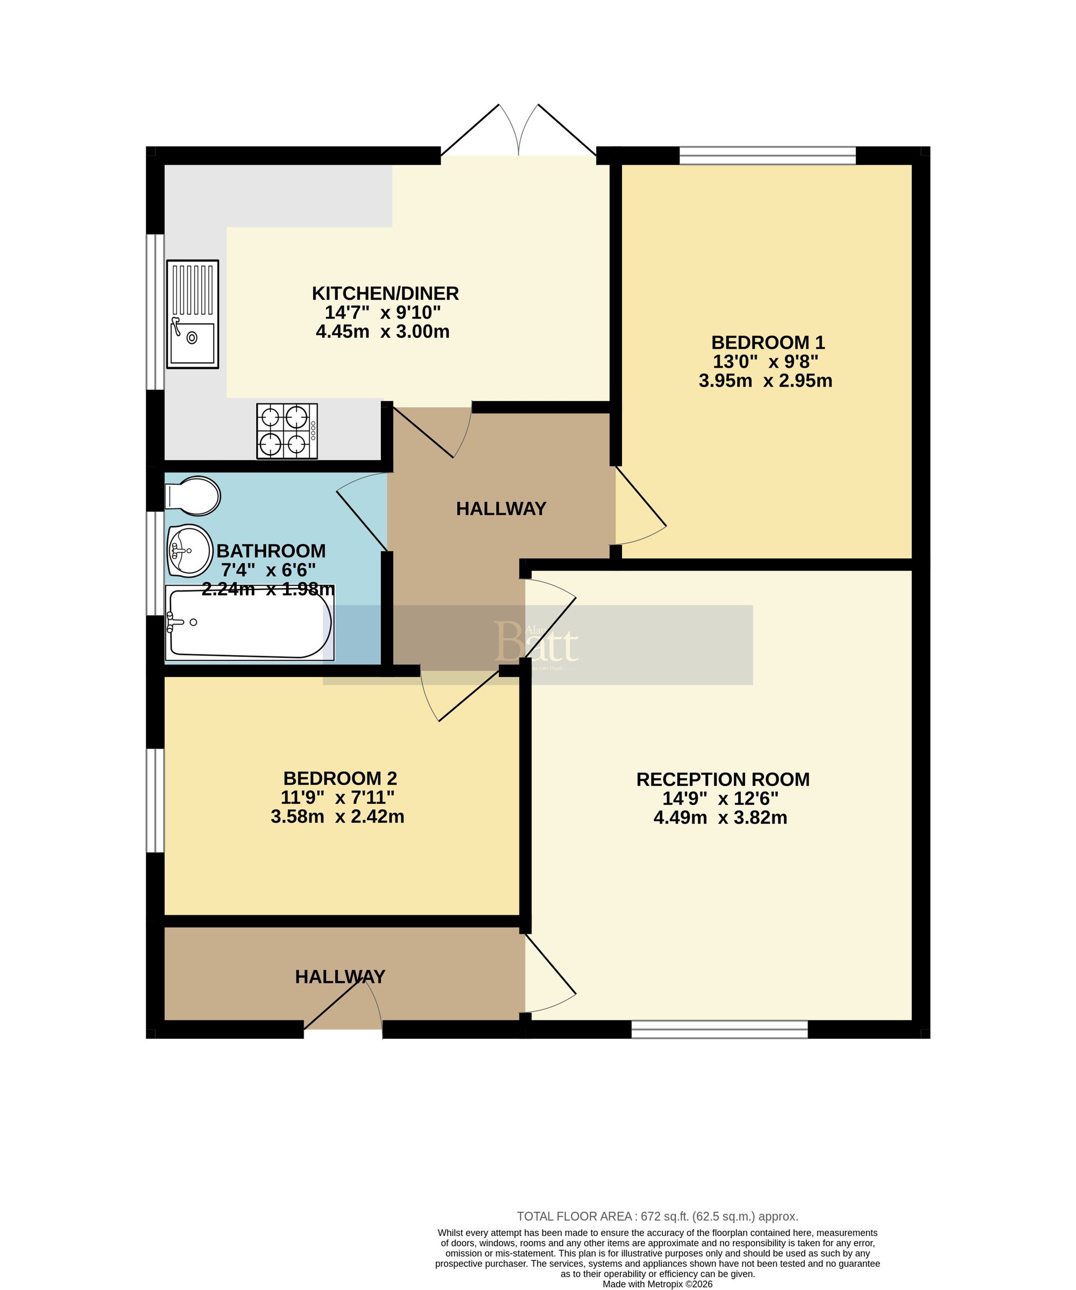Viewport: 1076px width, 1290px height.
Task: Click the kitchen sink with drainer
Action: tap(192, 314)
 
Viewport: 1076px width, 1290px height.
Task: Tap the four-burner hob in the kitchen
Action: tap(286, 431)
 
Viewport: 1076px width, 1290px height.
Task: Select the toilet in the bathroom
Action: tap(192, 496)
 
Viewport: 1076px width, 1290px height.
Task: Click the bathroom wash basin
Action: tap(189, 551)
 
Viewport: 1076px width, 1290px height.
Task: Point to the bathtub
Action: tap(249, 623)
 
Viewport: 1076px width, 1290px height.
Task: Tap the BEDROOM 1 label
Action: tap(768, 342)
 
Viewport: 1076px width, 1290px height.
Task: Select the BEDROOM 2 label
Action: tap(339, 778)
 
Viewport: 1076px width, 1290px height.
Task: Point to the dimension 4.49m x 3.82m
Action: tap(720, 817)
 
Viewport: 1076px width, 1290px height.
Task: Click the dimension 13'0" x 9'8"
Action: tap(765, 361)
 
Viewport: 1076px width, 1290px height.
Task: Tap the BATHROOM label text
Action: tap(271, 551)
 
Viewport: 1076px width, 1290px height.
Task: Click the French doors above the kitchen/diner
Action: tap(519, 132)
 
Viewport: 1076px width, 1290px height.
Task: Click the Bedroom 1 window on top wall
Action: tap(767, 156)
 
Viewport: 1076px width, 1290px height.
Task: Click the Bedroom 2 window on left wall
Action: tap(155, 800)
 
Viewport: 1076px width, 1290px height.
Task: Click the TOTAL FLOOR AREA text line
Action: tap(657, 1216)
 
